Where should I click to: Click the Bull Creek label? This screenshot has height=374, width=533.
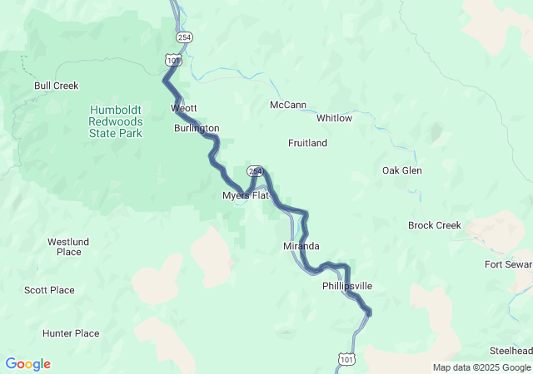click(x=56, y=86)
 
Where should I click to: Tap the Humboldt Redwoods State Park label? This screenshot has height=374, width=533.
click(x=116, y=121)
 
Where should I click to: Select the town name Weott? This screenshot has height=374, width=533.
click(x=184, y=109)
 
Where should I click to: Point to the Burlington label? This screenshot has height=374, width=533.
click(x=197, y=129)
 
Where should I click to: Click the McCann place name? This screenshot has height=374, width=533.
click(x=288, y=105)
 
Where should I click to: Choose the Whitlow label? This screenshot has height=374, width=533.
click(x=334, y=118)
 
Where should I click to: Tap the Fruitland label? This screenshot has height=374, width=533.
click(x=307, y=143)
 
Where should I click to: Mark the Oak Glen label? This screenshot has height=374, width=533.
click(x=401, y=170)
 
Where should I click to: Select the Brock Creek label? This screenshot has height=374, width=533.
click(x=434, y=225)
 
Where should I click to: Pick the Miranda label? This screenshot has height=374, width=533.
click(x=301, y=247)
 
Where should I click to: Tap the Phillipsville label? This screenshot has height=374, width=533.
click(x=347, y=286)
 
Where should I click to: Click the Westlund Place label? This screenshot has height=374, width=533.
click(x=64, y=247)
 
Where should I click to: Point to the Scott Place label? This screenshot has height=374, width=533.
click(x=49, y=290)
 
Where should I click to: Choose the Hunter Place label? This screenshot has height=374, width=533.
click(x=71, y=333)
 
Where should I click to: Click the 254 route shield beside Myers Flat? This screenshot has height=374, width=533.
click(x=255, y=171)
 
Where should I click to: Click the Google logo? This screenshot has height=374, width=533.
click(x=27, y=364)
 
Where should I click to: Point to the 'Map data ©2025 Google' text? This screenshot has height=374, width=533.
click(x=481, y=367)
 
